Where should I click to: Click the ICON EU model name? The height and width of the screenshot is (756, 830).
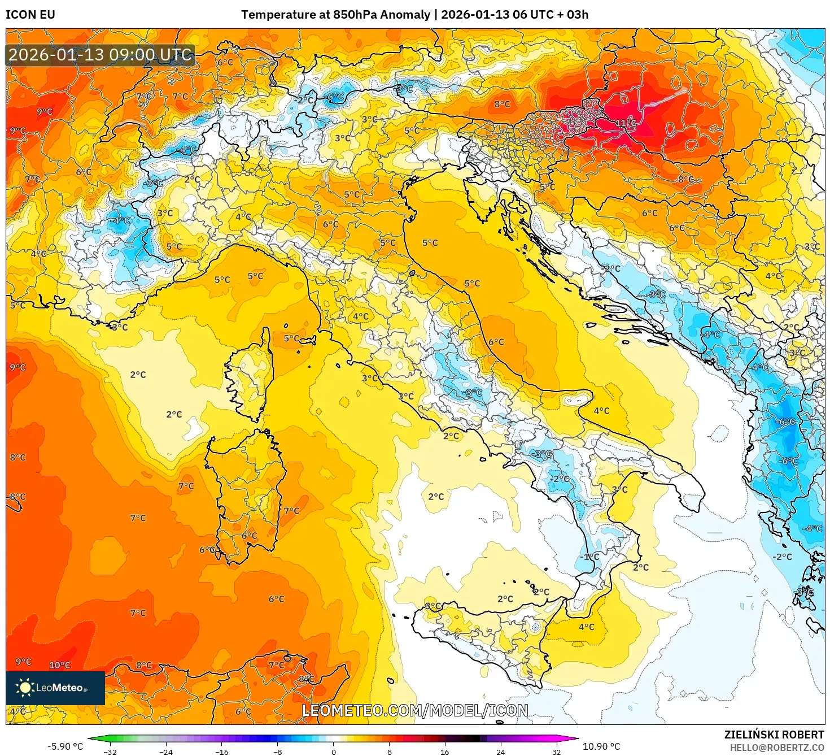click(30, 15)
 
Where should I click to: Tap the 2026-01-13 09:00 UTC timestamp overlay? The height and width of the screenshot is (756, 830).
click(101, 55)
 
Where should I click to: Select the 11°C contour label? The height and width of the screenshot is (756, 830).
click(625, 123)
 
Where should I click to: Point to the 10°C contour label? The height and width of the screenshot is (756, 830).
click(60, 665)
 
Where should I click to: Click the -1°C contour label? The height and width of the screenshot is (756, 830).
click(589, 557)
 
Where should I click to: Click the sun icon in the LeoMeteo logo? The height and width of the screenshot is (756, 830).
click(25, 688)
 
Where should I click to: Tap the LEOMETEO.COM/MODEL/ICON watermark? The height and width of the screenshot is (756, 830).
click(415, 710)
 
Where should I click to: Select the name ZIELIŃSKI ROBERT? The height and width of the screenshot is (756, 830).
click(774, 735)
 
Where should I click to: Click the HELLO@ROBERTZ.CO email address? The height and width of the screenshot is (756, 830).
click(777, 748)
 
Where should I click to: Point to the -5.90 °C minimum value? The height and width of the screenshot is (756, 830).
click(65, 746)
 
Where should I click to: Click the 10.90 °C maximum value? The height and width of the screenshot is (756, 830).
click(601, 746)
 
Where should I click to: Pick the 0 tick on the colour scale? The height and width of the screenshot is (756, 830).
click(334, 751)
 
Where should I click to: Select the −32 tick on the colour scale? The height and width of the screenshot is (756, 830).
click(110, 751)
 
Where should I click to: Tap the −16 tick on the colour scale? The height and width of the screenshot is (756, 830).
click(222, 751)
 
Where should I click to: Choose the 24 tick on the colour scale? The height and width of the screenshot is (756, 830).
click(501, 751)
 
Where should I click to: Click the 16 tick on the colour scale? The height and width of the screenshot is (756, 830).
click(445, 751)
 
